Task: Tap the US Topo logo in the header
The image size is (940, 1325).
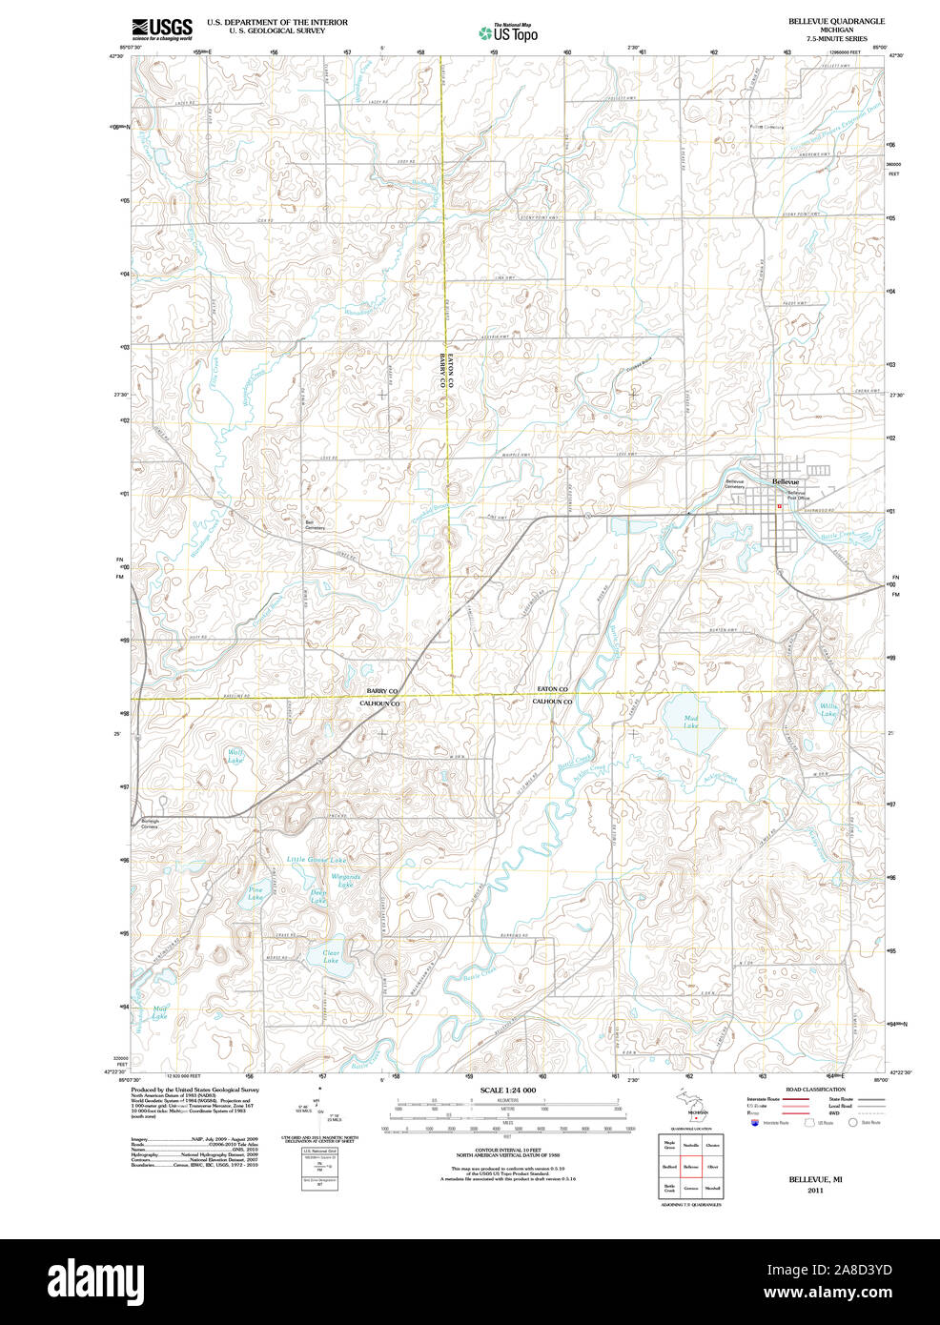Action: coord(508,32)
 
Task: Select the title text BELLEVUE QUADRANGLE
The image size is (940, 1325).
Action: coord(835,20)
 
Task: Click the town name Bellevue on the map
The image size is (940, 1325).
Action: coord(786,482)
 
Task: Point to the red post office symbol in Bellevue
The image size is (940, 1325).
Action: coord(779,506)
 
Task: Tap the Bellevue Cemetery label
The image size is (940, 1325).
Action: coord(736,484)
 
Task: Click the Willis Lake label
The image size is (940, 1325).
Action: coord(828,710)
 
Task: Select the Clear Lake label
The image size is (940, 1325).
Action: coord(331,956)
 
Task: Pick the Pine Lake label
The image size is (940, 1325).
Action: coord(255,894)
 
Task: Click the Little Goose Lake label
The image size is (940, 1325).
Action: coord(317,860)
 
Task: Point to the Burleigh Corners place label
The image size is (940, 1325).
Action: coord(150,823)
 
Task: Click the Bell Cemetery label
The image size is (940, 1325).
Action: coord(315,524)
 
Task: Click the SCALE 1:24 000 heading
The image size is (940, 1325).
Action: coord(507,1090)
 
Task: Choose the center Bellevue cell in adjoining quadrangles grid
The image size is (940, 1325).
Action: coord(690,1166)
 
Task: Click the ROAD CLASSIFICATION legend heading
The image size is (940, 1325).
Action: coord(814,1090)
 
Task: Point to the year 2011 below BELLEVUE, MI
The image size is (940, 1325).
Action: coord(814,1191)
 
